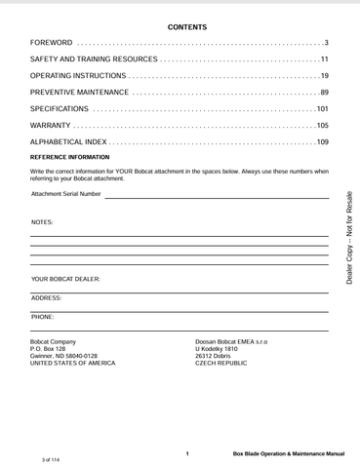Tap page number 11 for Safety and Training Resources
[x=324, y=60]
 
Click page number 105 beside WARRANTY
[x=322, y=126]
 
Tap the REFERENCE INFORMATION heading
[x=70, y=157]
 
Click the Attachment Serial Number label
[x=66, y=194]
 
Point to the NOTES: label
[x=43, y=222]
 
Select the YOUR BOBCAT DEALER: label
[x=65, y=280]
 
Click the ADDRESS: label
[x=47, y=296]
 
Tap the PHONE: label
[x=43, y=317]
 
